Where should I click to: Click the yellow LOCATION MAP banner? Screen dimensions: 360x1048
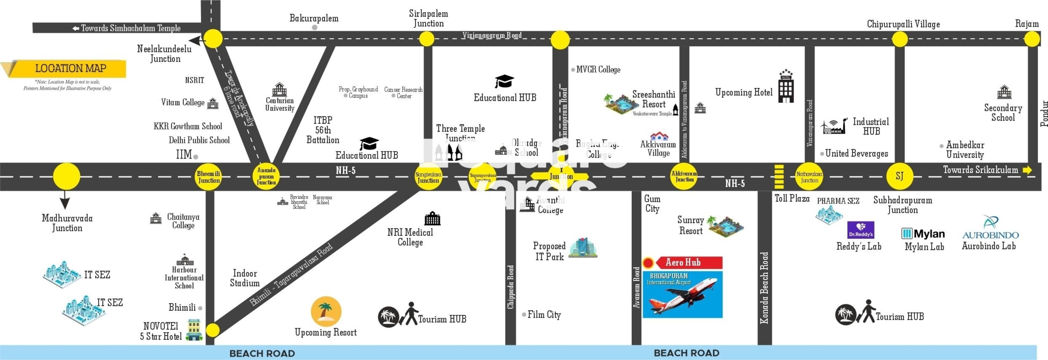pos(70,68)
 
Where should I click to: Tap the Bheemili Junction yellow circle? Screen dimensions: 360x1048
pos(209,177)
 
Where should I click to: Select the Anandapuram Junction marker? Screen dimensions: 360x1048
pos(266,177)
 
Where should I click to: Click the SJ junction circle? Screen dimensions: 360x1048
pos(900,176)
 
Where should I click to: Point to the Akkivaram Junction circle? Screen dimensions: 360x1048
pos(684,177)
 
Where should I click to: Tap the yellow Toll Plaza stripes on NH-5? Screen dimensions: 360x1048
pos(779,177)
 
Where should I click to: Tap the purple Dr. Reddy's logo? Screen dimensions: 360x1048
pos(860,230)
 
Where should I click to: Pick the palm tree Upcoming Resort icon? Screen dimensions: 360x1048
pos(326,311)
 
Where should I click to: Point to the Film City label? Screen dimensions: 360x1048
pos(544,315)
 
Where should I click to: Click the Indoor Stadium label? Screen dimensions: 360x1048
pos(245,278)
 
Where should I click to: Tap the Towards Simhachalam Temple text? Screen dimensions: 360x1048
pos(130,28)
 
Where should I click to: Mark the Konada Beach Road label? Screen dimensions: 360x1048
pos(764,288)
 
